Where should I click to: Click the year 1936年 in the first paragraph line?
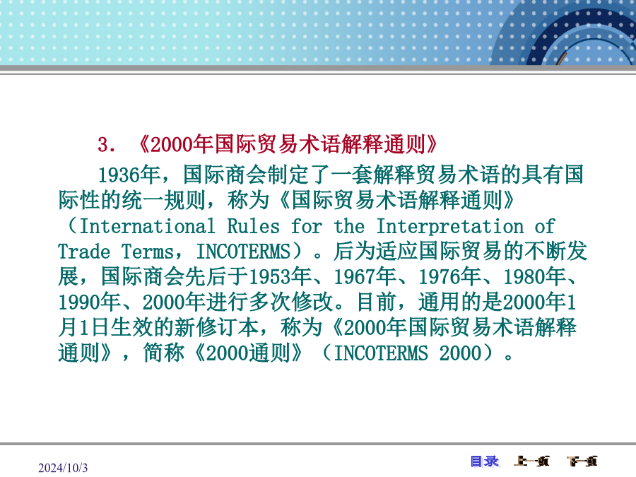click(129, 175)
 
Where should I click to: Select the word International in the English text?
click(147, 226)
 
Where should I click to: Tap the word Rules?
click(254, 226)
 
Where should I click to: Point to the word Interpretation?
click(450, 227)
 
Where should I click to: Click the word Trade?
click(84, 252)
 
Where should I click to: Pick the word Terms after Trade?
click(148, 252)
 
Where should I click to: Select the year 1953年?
click(280, 277)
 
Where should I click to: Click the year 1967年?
click(365, 277)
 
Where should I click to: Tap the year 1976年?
click(449, 277)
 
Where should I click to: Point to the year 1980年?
click(534, 277)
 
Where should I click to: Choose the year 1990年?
click(89, 302)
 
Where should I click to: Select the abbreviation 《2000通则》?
click(249, 353)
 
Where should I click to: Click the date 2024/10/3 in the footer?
click(63, 468)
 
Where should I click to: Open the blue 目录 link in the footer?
click(485, 461)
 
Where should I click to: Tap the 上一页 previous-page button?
click(531, 461)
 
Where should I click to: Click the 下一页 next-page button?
click(582, 461)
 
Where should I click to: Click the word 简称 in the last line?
click(163, 353)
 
